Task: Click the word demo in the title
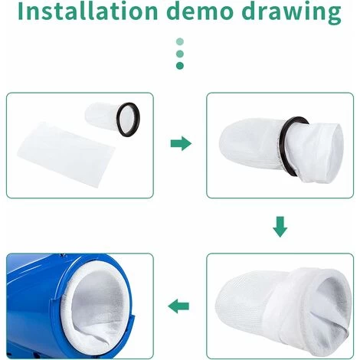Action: [201, 11]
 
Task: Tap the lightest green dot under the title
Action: [180, 41]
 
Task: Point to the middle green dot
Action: [180, 54]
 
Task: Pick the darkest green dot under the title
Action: [180, 66]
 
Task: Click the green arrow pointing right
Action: [181, 143]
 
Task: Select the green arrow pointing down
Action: [280, 227]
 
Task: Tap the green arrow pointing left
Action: [178, 306]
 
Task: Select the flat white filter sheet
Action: [66, 152]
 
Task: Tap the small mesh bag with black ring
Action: [113, 118]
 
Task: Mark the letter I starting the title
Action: [21, 11]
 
